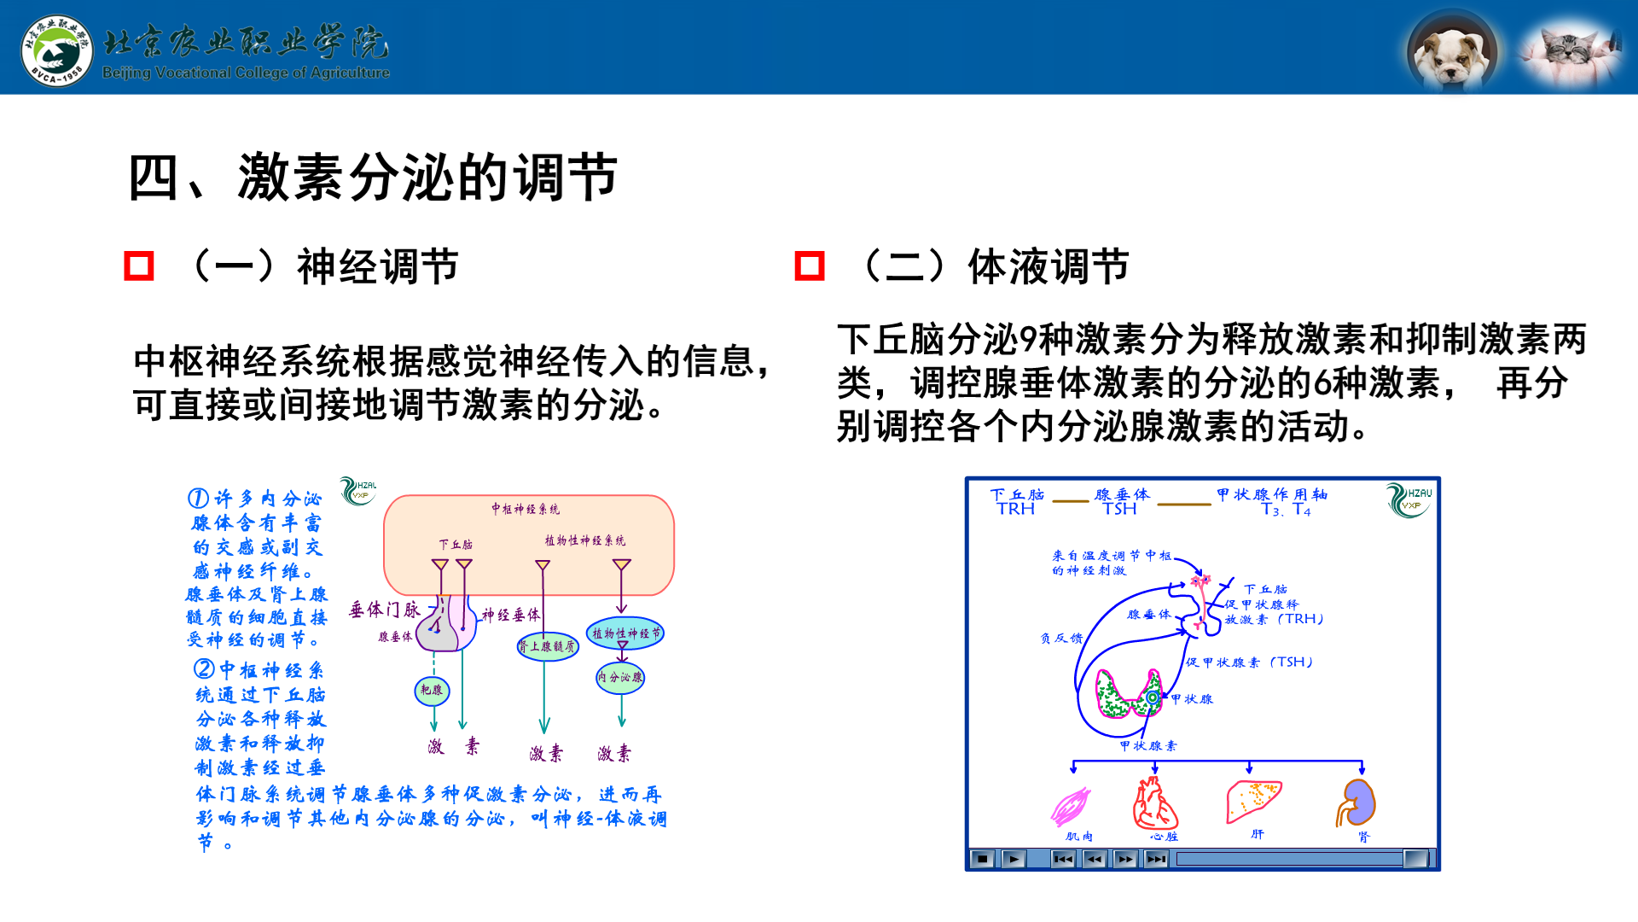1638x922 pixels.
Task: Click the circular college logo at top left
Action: pos(56,50)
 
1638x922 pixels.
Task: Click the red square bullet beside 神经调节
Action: pos(139,266)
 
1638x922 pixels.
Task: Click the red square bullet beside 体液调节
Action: pos(810,266)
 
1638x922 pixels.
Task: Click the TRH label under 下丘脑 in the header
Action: pos(1015,510)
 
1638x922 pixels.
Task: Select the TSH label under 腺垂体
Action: pos(1119,510)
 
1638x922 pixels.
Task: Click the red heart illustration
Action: pos(1154,804)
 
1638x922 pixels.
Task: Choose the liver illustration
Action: pos(1253,801)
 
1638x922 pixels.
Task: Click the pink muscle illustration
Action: pos(1072,805)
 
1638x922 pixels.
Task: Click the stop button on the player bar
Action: pos(982,859)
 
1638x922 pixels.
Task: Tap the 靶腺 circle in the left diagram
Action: pos(432,690)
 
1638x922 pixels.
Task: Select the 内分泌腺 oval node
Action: pos(620,678)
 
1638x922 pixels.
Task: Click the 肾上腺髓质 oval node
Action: pos(548,646)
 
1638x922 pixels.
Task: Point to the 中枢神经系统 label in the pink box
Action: pos(526,509)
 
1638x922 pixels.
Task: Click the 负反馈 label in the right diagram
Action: pos(1061,639)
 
